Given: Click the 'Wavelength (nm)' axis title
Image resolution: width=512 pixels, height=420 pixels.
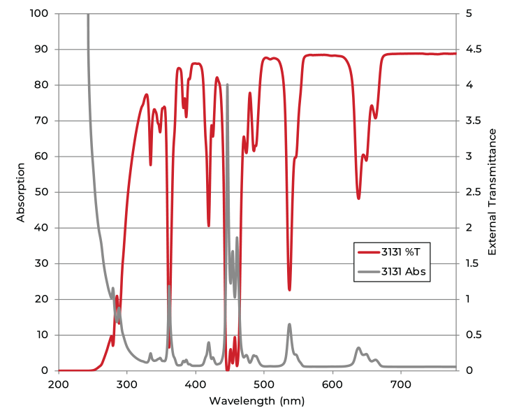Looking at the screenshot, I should (256, 402).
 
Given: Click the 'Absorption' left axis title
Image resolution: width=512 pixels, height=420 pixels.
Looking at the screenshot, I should (20, 192).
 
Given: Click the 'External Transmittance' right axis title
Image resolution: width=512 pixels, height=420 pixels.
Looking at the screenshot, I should (492, 191).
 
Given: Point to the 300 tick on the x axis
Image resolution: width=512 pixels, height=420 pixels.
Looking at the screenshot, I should (127, 384).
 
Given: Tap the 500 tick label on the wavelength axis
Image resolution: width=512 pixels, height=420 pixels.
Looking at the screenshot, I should (264, 384).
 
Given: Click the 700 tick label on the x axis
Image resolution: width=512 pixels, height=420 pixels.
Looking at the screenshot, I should (401, 384).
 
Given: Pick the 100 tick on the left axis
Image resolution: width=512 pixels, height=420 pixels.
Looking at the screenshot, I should (39, 13).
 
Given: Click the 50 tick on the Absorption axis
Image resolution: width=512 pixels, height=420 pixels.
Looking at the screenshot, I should (42, 192).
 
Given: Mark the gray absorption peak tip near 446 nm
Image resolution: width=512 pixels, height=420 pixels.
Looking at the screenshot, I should (227, 85).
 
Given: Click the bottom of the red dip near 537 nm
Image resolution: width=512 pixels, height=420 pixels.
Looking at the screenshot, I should (289, 290).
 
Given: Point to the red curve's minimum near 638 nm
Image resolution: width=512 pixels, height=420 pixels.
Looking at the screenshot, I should (358, 199).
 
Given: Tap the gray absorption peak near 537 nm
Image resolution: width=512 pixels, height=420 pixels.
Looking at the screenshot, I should (289, 324).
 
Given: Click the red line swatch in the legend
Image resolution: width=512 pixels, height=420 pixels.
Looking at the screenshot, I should (367, 252).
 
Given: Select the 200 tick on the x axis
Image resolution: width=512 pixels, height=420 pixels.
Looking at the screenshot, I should (59, 384).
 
